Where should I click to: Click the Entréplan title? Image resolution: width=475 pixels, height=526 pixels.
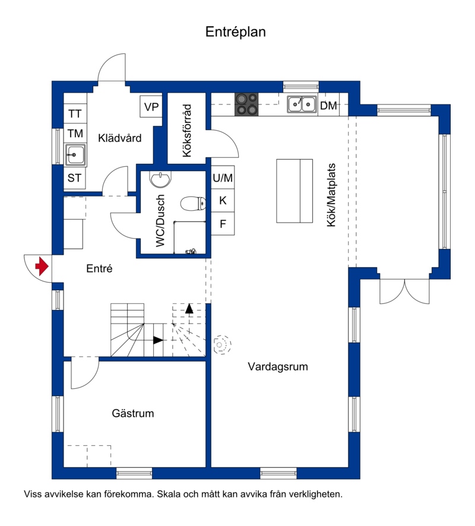[x=236, y=32]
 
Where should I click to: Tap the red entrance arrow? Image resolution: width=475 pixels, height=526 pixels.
[x=42, y=267]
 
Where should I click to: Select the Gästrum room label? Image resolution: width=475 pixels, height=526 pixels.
[x=133, y=413]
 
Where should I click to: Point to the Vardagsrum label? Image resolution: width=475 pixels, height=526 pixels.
[x=278, y=366]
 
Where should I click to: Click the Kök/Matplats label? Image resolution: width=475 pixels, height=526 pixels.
[x=331, y=195]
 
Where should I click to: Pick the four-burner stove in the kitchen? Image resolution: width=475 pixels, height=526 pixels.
[x=246, y=104]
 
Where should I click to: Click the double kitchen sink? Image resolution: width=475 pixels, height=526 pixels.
[x=302, y=104]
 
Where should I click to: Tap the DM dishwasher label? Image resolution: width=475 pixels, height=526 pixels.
[x=328, y=106]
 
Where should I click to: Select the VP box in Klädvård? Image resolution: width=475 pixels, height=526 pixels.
[x=151, y=107]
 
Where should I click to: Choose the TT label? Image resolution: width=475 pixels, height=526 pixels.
[x=75, y=114]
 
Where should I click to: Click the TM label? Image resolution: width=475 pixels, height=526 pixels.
[x=75, y=134]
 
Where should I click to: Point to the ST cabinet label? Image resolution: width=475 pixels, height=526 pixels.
[x=74, y=178]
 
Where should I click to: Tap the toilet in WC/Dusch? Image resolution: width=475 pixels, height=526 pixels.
[x=193, y=203]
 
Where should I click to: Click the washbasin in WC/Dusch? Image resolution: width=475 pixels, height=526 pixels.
[x=161, y=179]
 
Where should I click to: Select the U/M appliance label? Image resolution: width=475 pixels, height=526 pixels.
[x=223, y=178]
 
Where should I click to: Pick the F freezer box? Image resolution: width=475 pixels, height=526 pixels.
[x=223, y=223]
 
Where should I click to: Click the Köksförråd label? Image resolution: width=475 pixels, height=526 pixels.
[x=186, y=131]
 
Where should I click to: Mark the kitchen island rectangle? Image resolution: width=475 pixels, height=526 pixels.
[x=294, y=191]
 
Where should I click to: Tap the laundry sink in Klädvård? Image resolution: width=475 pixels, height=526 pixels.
[x=75, y=154]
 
